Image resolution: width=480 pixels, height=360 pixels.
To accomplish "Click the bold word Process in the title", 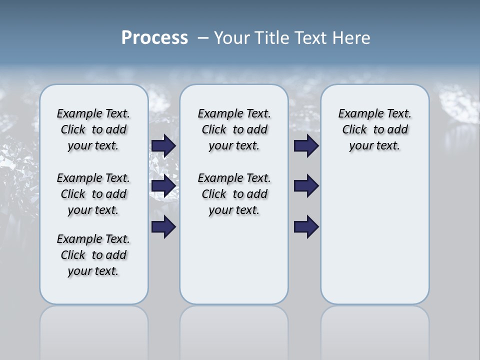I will coord(154,38).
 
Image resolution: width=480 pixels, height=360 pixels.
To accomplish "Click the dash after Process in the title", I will coord(203,38).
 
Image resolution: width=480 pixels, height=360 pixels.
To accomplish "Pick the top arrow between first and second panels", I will coord(163,146).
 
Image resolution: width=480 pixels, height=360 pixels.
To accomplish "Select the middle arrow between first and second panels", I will coord(163,186).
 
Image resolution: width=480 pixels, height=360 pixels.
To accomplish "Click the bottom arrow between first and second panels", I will coord(163,227).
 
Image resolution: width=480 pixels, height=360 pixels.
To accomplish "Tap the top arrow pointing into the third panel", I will coord(306,146).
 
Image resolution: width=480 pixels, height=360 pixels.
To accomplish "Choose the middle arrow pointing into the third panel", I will coord(306,186).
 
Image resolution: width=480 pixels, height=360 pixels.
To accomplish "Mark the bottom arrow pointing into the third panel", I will coord(306,227).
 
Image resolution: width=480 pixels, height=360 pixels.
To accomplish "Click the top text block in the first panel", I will coord(93,129).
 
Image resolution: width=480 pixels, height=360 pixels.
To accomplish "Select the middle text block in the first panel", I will coord(93,194).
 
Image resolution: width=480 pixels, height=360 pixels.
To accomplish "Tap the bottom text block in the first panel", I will coord(93,255).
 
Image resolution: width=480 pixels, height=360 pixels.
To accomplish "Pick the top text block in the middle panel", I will coord(234,129).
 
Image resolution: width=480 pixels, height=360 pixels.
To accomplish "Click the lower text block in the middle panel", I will coord(234,194).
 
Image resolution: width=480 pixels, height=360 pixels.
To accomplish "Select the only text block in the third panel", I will coord(374,129).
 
